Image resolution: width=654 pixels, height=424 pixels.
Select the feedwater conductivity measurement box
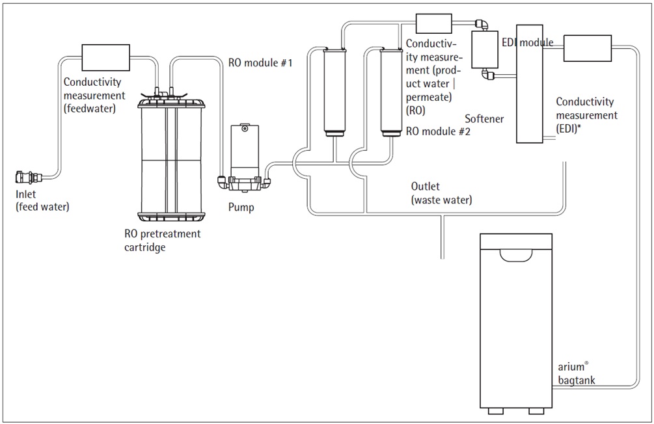tap(106, 57)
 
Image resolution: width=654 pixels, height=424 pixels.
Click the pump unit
tap(244, 160)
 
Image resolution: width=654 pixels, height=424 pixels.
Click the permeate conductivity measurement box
tap(433, 23)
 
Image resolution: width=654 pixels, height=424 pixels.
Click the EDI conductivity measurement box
tap(588, 47)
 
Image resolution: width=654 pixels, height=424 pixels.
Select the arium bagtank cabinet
tap(515, 319)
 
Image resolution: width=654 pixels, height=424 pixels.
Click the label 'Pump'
tap(241, 208)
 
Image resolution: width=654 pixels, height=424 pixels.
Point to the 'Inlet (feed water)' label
tap(42, 202)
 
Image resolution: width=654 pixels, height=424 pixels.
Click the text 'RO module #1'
tap(260, 64)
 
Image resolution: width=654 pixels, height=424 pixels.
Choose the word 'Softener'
tap(485, 119)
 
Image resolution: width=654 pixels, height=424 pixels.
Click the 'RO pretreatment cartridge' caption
tap(163, 240)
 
